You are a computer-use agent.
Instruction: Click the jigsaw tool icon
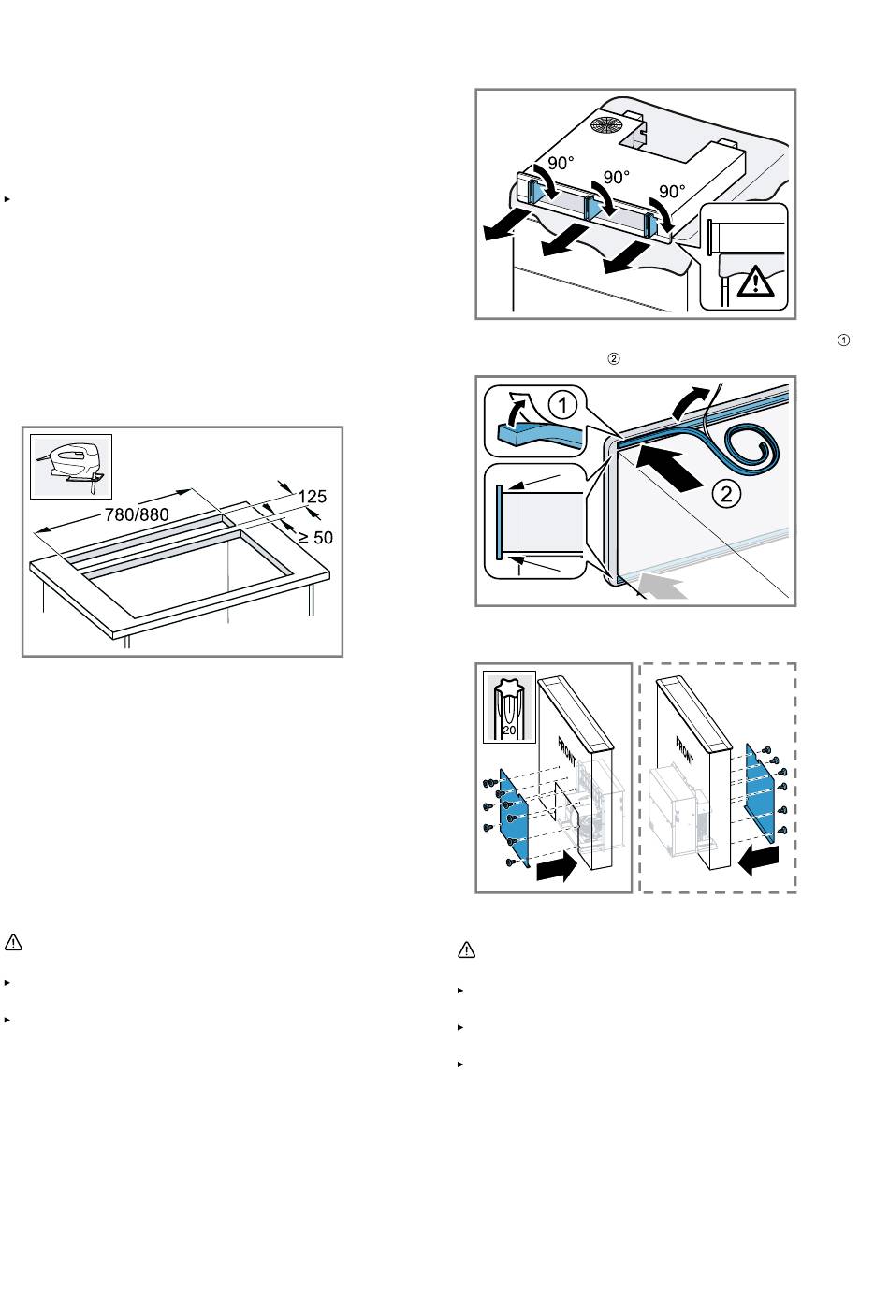point(71,466)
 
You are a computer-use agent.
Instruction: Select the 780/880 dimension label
point(137,514)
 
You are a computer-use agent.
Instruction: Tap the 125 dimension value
point(313,496)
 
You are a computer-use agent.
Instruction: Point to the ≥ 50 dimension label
point(315,538)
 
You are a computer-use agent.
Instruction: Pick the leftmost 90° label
point(561,164)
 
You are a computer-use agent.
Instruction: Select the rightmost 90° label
point(672,191)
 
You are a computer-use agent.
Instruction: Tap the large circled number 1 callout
point(562,406)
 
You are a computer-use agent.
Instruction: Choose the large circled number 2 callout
point(726,494)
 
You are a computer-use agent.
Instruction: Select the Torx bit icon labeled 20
point(509,706)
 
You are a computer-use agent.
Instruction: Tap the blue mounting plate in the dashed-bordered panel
point(760,794)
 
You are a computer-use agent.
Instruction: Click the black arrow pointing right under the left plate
point(557,866)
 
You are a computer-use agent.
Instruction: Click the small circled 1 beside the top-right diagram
point(843,340)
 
